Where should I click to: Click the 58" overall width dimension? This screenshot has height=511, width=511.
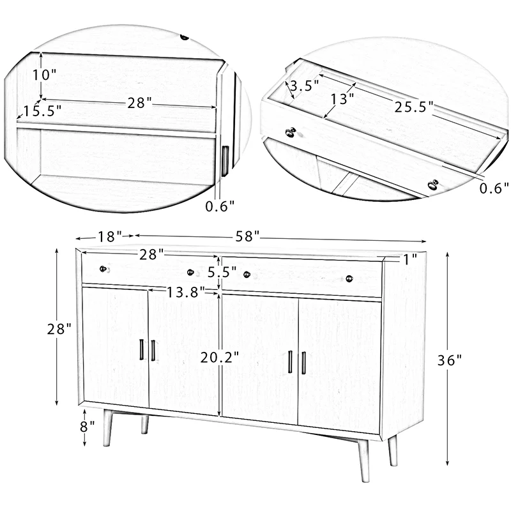point(247,236)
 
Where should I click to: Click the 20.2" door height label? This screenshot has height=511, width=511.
point(219,357)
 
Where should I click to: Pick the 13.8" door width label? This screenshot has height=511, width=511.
point(186,291)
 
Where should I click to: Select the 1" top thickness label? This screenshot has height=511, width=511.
point(409,259)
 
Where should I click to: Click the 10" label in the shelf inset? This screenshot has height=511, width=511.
point(45,74)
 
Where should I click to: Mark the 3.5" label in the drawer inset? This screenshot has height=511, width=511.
point(304,86)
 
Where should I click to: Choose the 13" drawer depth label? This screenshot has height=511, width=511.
point(342,99)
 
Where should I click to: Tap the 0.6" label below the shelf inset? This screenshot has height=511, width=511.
point(220,206)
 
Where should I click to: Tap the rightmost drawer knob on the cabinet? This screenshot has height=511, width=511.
point(349,278)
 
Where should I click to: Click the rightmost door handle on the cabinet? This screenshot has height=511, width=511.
point(303,363)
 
